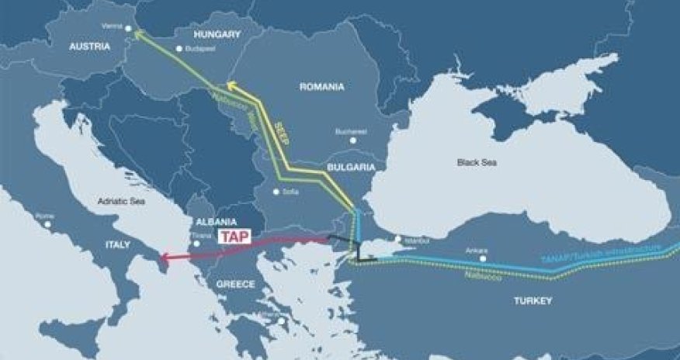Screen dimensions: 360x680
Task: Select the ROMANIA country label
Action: pos(321,87)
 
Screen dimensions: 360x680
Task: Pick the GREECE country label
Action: pos(235,285)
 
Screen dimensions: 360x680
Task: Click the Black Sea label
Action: pos(477,162)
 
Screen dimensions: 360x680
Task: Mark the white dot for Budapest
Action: pos(179,49)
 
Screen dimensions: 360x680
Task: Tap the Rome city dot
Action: pos(48,224)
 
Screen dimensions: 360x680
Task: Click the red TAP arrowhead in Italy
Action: pos(161,257)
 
